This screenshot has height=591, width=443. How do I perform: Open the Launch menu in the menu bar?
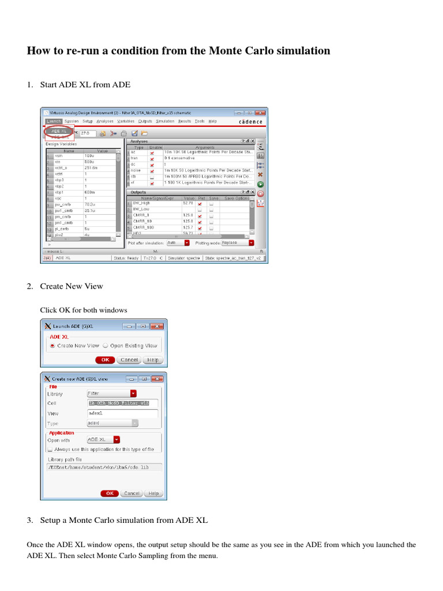[53, 121]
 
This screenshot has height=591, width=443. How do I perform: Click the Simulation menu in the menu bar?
[165, 121]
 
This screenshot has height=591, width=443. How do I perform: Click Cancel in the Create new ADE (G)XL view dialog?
[132, 493]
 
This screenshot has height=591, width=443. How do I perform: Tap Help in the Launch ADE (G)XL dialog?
[152, 360]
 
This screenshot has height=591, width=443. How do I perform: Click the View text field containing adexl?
[122, 413]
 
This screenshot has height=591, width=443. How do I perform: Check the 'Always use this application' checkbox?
[50, 448]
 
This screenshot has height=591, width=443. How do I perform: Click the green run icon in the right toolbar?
[260, 184]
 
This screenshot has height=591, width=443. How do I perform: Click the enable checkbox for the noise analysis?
[152, 171]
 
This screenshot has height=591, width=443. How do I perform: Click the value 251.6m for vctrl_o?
[91, 167]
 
